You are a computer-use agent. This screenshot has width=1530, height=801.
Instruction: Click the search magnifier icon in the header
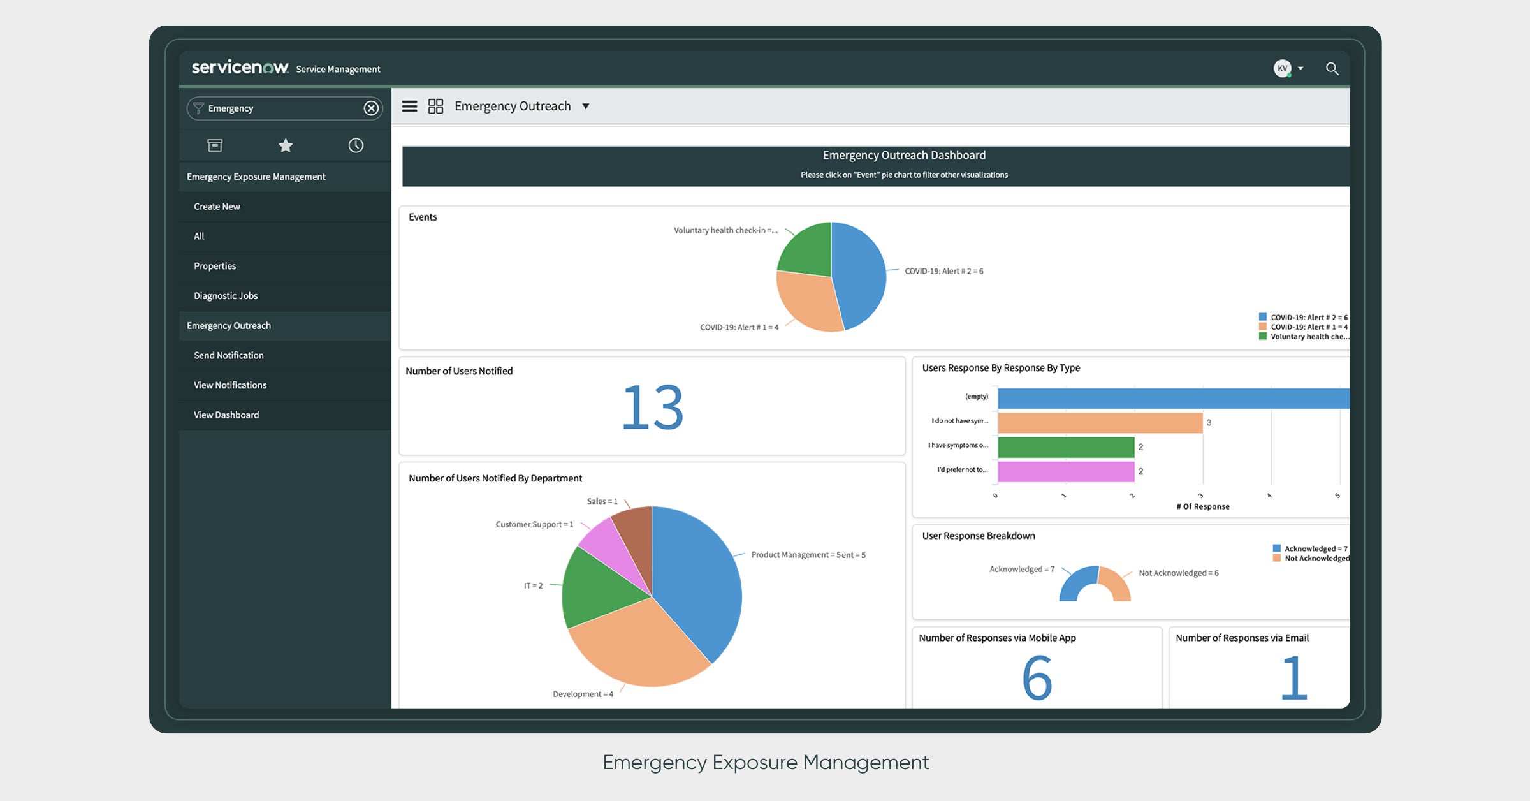(1332, 69)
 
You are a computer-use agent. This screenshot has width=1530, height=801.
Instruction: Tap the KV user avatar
(1282, 68)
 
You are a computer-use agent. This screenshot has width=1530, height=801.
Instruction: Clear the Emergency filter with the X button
(371, 108)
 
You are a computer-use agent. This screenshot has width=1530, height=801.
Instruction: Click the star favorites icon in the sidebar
(286, 146)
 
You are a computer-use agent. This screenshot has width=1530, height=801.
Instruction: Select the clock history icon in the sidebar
(356, 146)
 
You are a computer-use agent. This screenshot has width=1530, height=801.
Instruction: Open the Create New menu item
(217, 207)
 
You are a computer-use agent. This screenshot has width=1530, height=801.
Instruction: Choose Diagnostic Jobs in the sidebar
(226, 296)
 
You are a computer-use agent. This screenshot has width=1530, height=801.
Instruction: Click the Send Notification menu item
(228, 355)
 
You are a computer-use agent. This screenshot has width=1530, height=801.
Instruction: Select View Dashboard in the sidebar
(226, 415)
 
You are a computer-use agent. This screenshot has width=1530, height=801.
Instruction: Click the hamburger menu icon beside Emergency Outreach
(409, 107)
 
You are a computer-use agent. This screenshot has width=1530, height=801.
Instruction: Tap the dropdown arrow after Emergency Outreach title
(586, 107)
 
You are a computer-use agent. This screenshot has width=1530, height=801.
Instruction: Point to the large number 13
(652, 408)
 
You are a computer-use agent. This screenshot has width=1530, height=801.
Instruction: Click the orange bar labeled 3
(1100, 423)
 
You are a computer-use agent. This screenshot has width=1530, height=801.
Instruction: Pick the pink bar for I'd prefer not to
(1066, 472)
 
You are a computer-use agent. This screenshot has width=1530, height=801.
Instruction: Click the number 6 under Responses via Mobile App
(1037, 678)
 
